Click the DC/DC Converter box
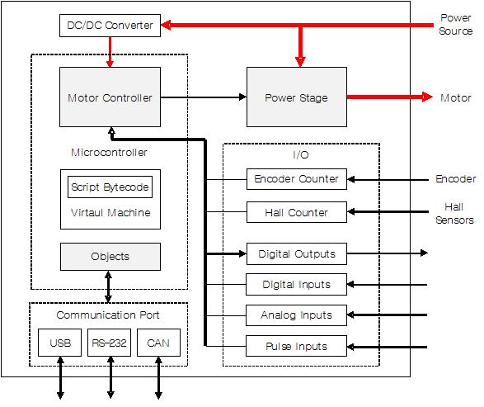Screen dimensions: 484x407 pyautogui.click(x=110, y=26)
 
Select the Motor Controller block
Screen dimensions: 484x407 pyautogui.click(x=110, y=97)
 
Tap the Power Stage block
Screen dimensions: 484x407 pyautogui.click(x=297, y=97)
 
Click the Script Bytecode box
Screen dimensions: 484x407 pyautogui.click(x=110, y=187)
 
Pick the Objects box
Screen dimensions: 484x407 pyautogui.click(x=110, y=257)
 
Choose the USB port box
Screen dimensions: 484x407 pyautogui.click(x=60, y=343)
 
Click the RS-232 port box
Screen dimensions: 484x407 pyautogui.click(x=110, y=343)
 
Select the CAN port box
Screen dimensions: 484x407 pyautogui.click(x=158, y=343)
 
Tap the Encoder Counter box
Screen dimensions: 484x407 pyautogui.click(x=297, y=179)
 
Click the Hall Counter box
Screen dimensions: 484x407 pyautogui.click(x=297, y=212)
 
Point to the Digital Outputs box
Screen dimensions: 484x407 pyautogui.click(x=297, y=253)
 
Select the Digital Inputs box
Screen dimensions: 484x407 pyautogui.click(x=296, y=284)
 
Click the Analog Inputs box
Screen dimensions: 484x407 pyautogui.click(x=296, y=315)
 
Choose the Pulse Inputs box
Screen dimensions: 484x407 pyautogui.click(x=296, y=346)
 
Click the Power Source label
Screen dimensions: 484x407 pyautogui.click(x=456, y=25)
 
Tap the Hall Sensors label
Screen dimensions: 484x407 pyautogui.click(x=454, y=214)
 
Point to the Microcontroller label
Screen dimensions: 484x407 pyautogui.click(x=109, y=153)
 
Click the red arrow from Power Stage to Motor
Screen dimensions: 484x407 pyautogui.click(x=390, y=97)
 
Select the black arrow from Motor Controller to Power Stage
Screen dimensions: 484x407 pyautogui.click(x=204, y=97)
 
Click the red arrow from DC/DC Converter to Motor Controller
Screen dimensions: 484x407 pyautogui.click(x=110, y=52)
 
